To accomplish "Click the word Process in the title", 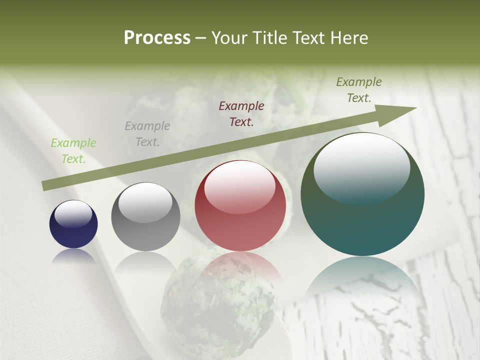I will tap(157, 38).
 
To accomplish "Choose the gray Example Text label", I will tap(147, 134).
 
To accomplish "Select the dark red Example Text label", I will tap(241, 113).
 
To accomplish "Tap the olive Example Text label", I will tap(359, 90).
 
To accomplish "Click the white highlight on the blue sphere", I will tap(73, 213).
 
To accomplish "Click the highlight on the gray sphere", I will tap(145, 202).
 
